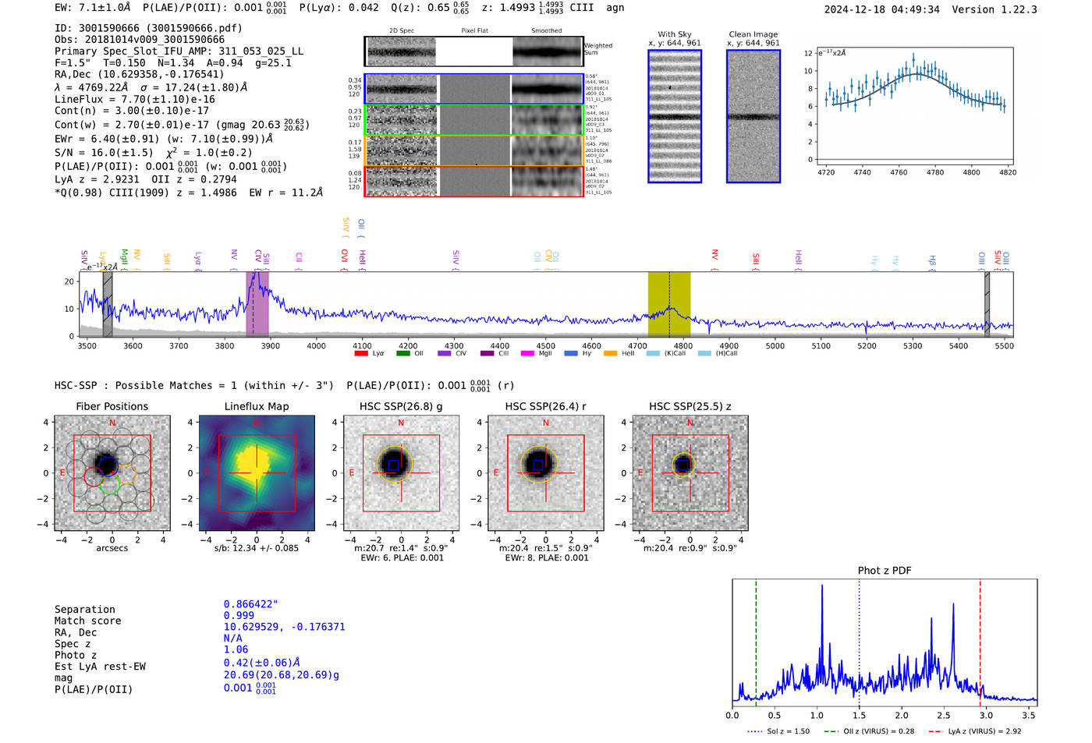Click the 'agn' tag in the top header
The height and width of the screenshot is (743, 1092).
tap(615, 8)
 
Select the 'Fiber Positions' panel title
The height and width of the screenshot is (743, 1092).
tap(112, 406)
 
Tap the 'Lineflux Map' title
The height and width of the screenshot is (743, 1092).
tap(257, 406)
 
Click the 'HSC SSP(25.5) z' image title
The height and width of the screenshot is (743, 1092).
tap(690, 406)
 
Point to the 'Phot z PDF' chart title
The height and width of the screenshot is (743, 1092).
tap(885, 570)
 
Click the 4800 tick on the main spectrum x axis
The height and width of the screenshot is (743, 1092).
tap(682, 345)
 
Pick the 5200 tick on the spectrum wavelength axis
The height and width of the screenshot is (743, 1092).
tap(867, 345)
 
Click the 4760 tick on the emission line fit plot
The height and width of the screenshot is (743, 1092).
tap(899, 172)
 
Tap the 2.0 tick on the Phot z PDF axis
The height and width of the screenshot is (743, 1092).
tap(902, 715)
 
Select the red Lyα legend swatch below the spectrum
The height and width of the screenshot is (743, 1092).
tap(361, 353)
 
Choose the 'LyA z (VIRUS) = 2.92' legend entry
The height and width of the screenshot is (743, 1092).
tap(984, 731)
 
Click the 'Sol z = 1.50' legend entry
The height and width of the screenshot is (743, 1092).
tap(788, 731)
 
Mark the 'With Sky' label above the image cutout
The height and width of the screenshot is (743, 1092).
tap(675, 34)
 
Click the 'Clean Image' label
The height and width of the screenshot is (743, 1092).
tap(753, 34)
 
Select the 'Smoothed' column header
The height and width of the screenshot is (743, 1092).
tap(546, 30)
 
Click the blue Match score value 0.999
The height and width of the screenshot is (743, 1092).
tap(239, 615)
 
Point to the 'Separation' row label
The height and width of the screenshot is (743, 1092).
tap(84, 609)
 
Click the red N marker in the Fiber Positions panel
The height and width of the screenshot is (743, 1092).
tap(112, 423)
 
